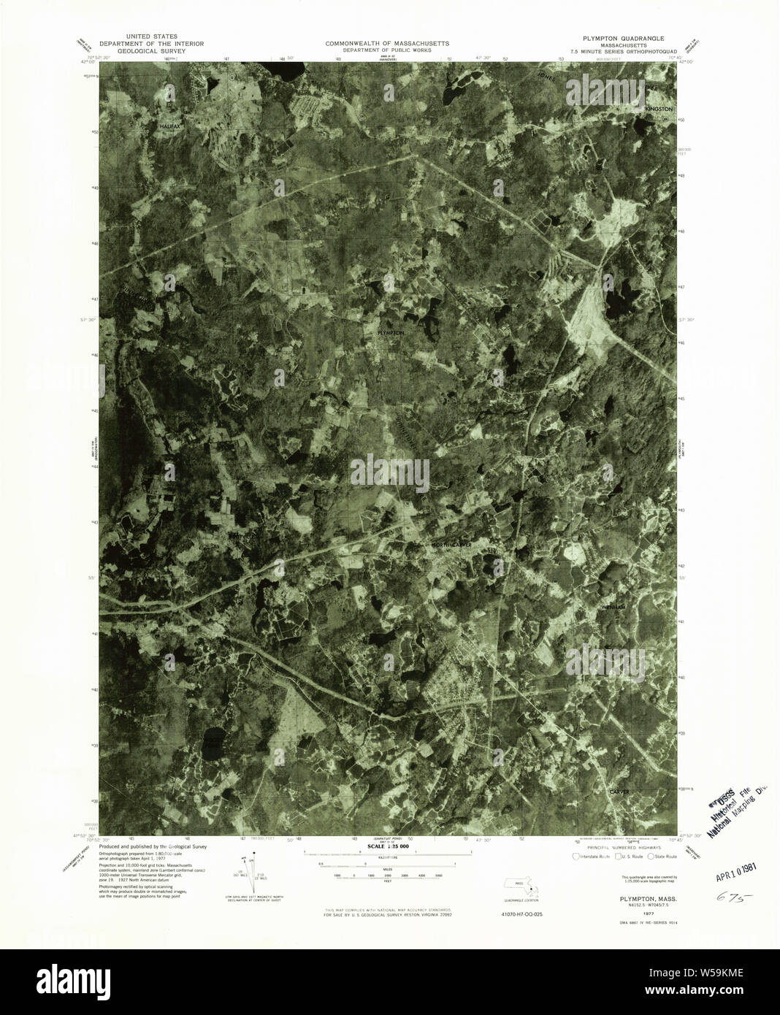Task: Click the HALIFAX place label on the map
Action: click(x=170, y=126)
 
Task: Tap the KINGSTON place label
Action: click(x=657, y=109)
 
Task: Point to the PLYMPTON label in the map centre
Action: click(x=390, y=332)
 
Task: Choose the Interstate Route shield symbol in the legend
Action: click(x=576, y=856)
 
